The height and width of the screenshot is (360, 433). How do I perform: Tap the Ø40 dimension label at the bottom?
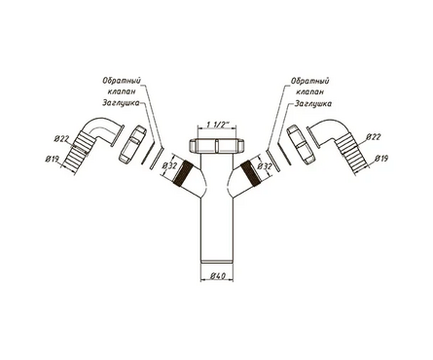pos(218,276)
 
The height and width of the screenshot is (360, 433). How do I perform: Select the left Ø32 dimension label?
pos(169,165)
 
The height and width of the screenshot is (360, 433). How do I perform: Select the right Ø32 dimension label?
pos(264,166)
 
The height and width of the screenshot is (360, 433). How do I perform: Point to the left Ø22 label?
pos(61,139)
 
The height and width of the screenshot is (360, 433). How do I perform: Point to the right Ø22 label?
pos(373,137)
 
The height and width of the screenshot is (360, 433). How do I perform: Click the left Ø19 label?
pos(52,159)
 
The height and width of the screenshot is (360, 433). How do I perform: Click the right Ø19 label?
pos(381,159)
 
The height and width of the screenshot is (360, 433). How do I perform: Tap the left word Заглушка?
pos(121,103)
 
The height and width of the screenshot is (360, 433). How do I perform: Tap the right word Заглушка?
pos(313,104)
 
